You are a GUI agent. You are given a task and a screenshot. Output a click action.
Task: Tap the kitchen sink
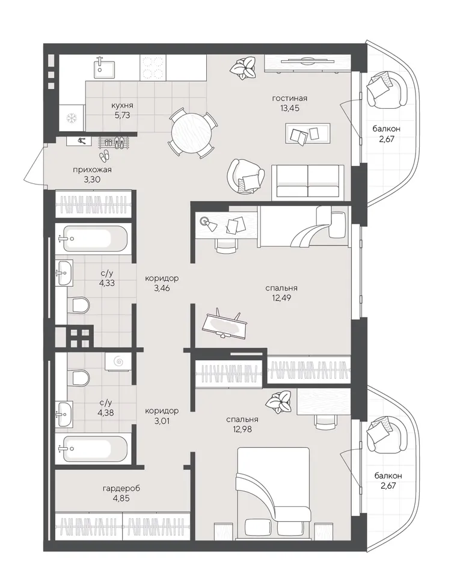coord(103,67)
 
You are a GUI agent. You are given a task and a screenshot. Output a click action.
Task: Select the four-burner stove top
coord(153,67)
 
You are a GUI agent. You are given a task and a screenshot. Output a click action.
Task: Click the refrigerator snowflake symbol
coord(71,118)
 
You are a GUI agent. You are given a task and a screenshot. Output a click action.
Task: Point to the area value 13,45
coord(290,108)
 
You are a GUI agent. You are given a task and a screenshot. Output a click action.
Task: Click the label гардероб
coord(121,488)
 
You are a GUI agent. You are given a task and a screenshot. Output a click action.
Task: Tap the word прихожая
coord(92,170)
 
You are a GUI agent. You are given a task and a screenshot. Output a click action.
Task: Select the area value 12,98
coord(242,429)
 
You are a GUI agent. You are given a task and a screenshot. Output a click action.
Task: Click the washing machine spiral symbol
coord(118,361)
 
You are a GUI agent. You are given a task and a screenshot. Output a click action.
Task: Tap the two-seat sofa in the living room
coord(308,181)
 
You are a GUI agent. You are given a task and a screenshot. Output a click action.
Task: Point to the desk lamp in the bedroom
coord(207,223)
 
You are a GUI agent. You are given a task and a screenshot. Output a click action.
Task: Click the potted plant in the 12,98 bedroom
coord(279,402)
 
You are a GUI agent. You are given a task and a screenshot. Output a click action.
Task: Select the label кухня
coord(122,106)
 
